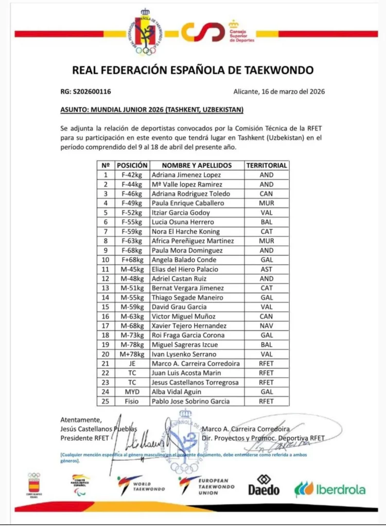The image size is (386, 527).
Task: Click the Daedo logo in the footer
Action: (x=264, y=485)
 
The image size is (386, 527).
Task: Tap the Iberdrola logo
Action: (x=330, y=488)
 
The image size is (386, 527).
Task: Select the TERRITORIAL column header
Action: (x=266, y=166)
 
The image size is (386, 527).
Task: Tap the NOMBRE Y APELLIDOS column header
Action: (x=197, y=166)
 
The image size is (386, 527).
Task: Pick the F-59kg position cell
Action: (x=131, y=232)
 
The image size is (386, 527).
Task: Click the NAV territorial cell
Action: (x=266, y=326)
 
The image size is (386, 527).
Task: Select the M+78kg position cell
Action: (x=131, y=354)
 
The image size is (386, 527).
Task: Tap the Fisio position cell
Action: (x=131, y=401)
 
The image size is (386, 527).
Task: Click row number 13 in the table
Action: (x=106, y=288)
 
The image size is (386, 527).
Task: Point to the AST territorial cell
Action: (x=266, y=269)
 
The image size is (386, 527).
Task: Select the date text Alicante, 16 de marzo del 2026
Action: (x=278, y=92)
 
